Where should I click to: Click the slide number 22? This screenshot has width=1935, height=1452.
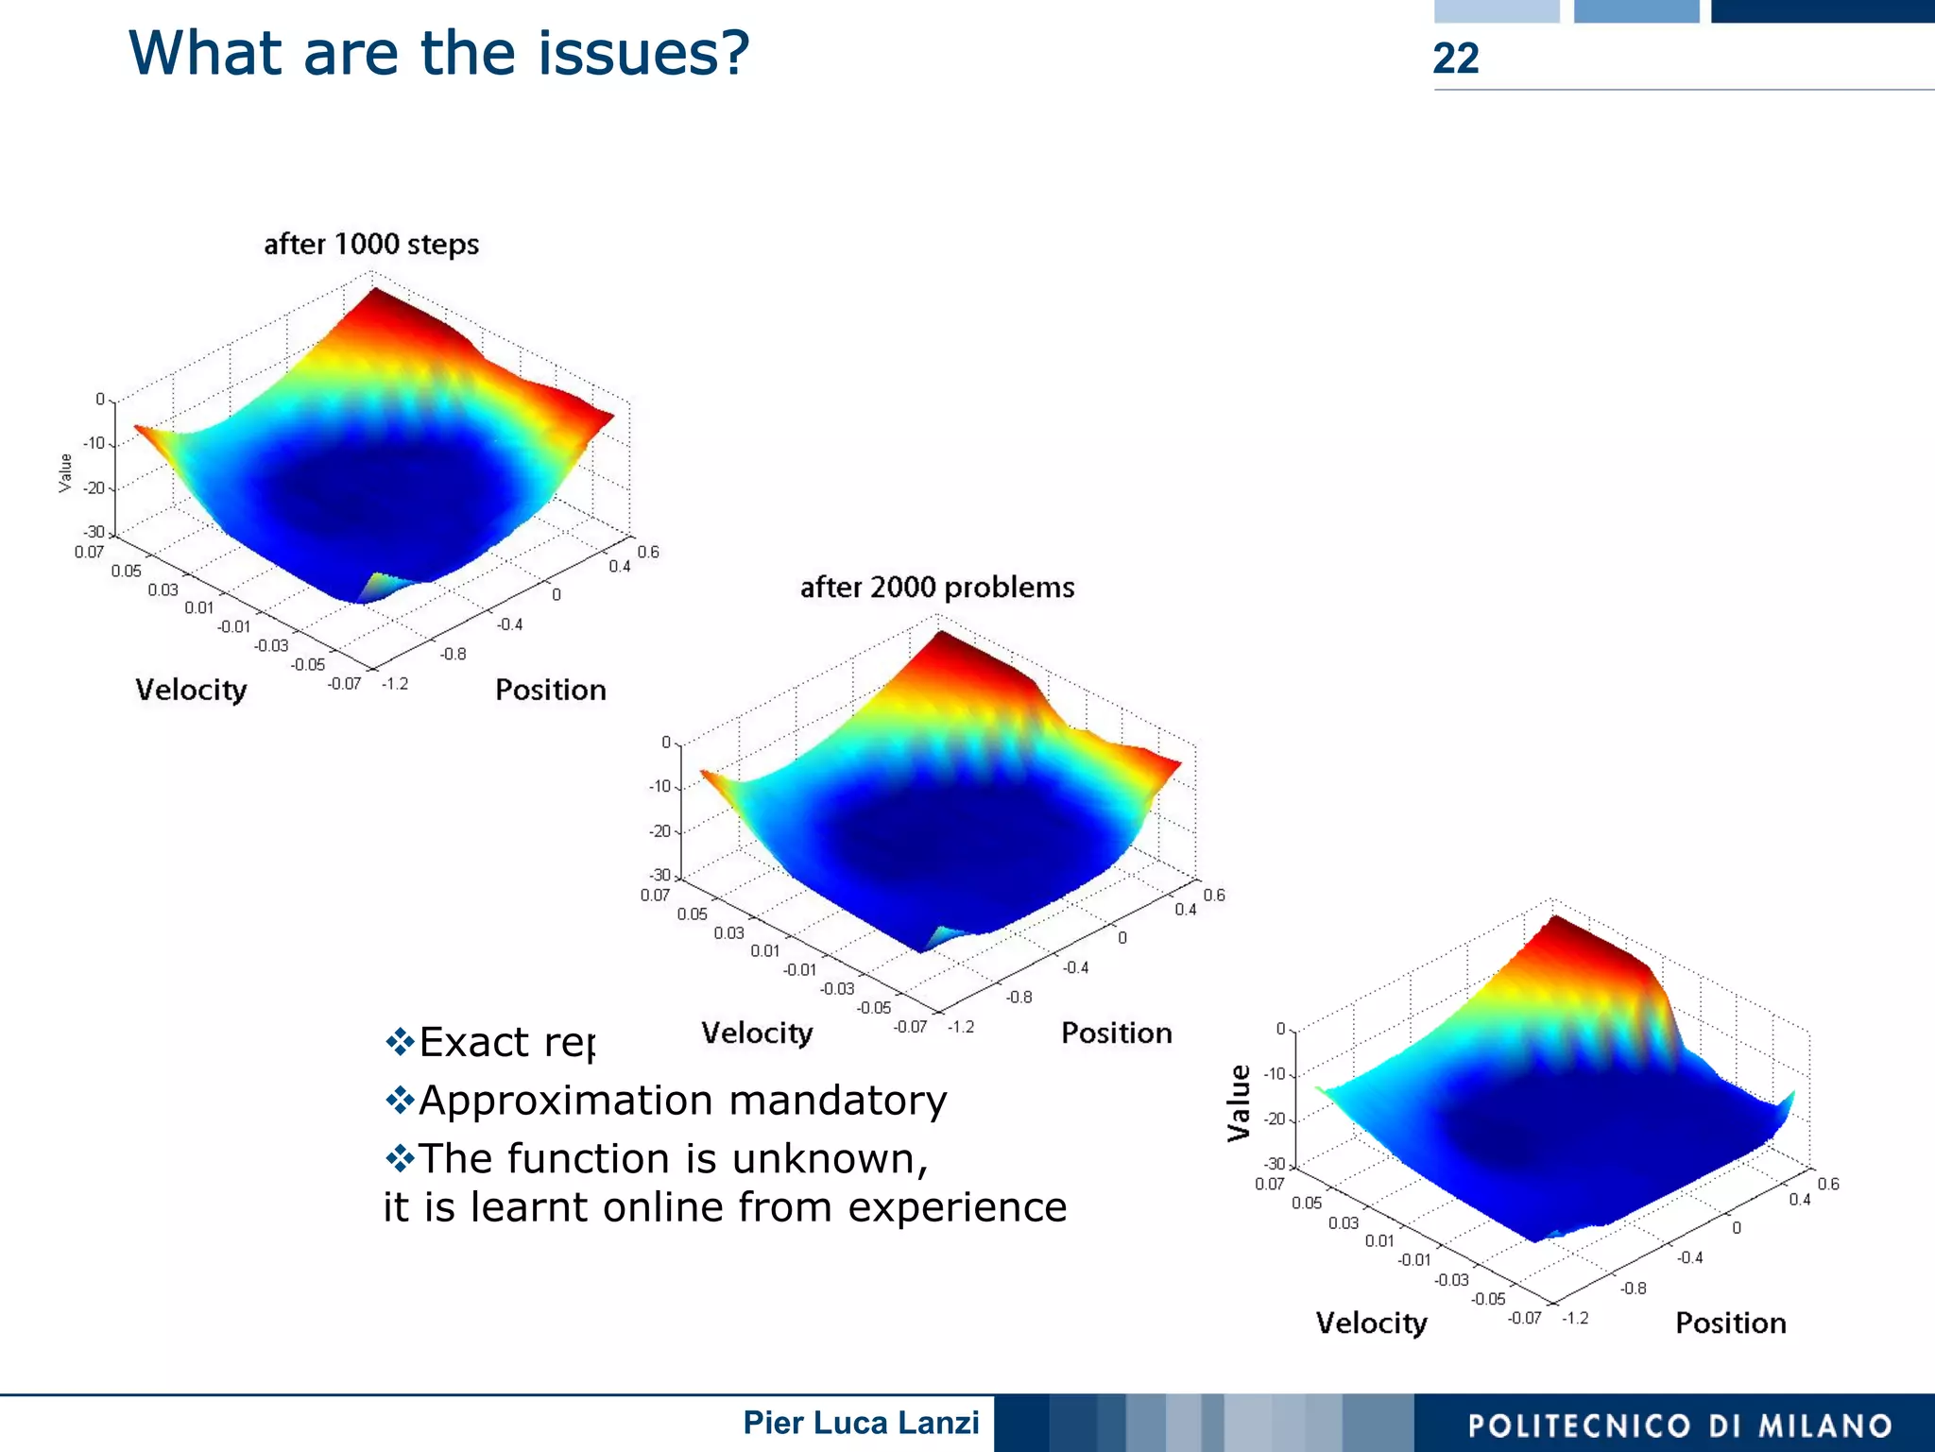click(x=1455, y=59)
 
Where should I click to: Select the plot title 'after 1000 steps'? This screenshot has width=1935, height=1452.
click(x=371, y=245)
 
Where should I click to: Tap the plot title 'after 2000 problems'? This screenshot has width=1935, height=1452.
click(x=937, y=588)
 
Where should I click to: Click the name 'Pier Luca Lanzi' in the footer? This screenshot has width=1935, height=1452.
click(x=861, y=1423)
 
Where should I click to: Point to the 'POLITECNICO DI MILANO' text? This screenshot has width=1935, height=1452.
click(x=1680, y=1426)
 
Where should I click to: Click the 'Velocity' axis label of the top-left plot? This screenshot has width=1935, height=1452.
click(x=191, y=690)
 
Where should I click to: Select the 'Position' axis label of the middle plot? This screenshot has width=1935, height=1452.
click(x=1116, y=1033)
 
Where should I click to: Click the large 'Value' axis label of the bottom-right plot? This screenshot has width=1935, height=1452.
click(x=1239, y=1102)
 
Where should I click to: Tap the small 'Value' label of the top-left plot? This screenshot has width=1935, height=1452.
click(x=65, y=472)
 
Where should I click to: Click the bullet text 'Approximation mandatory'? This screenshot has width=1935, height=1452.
click(x=682, y=1101)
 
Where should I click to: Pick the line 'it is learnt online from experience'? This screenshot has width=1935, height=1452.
click(x=725, y=1207)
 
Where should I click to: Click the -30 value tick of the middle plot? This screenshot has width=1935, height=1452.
click(x=660, y=876)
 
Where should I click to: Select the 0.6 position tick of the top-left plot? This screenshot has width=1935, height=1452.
click(x=648, y=552)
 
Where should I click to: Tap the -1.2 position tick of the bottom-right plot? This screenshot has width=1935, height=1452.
click(x=1575, y=1318)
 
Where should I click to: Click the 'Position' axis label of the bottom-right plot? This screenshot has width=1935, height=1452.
click(x=1730, y=1323)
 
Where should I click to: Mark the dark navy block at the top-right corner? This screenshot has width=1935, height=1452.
click(x=1822, y=10)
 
